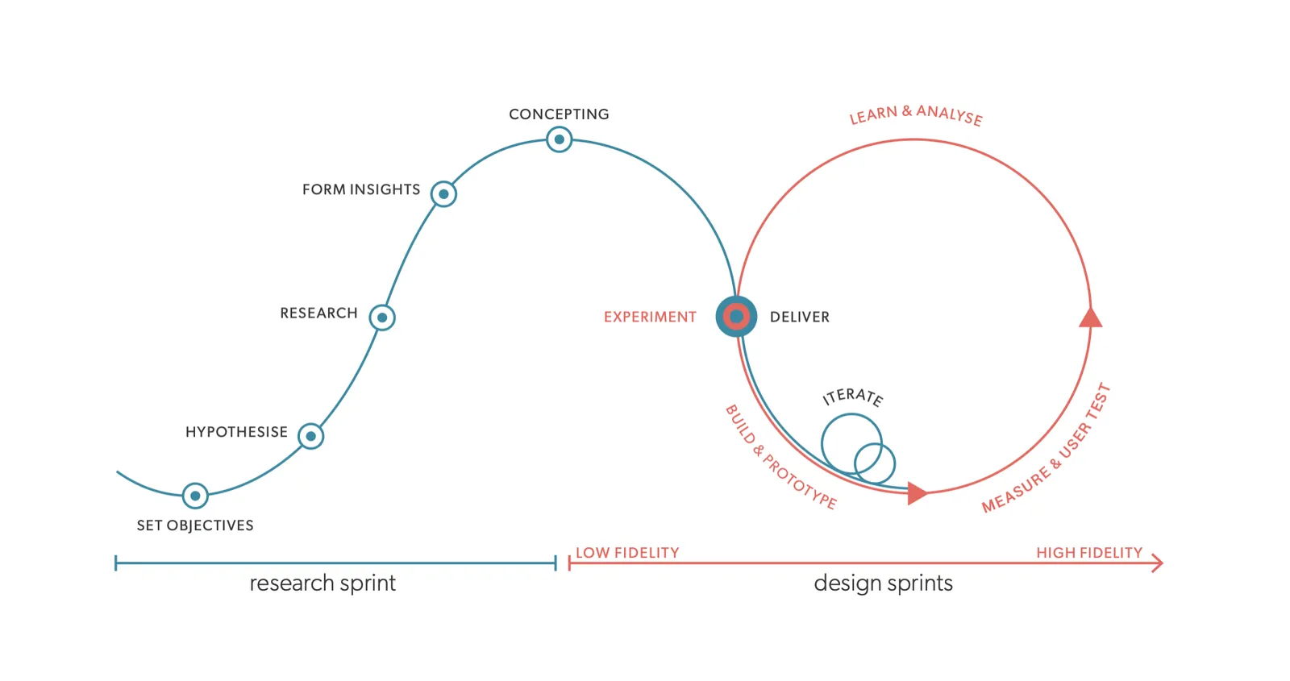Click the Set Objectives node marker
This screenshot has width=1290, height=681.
(x=195, y=496)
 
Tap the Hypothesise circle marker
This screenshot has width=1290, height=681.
(x=310, y=436)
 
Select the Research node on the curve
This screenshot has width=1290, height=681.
(x=382, y=318)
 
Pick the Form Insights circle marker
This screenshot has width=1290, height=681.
(x=443, y=194)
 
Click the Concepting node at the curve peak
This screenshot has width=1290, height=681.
(x=559, y=139)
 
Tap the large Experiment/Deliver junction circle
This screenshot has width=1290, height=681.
(x=736, y=317)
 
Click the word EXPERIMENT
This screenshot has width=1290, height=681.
(x=650, y=318)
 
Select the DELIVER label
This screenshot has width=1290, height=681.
(x=799, y=318)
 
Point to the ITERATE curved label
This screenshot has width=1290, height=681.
(x=853, y=397)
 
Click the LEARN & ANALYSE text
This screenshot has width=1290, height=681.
(x=916, y=115)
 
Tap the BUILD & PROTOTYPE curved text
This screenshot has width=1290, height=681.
(x=780, y=458)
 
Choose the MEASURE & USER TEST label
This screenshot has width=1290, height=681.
(x=1047, y=450)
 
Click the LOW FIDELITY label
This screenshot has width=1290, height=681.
(x=627, y=553)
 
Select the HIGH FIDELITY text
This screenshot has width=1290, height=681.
(x=1088, y=553)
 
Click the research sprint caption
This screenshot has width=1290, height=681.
(x=322, y=583)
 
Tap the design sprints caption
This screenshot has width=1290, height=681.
(x=883, y=583)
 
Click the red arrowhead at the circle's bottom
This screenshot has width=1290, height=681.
(x=916, y=493)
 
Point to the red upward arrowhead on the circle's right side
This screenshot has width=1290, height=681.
(x=1090, y=318)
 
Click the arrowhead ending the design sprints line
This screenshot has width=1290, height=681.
(x=1158, y=563)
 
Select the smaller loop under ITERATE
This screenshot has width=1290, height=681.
(x=875, y=463)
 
